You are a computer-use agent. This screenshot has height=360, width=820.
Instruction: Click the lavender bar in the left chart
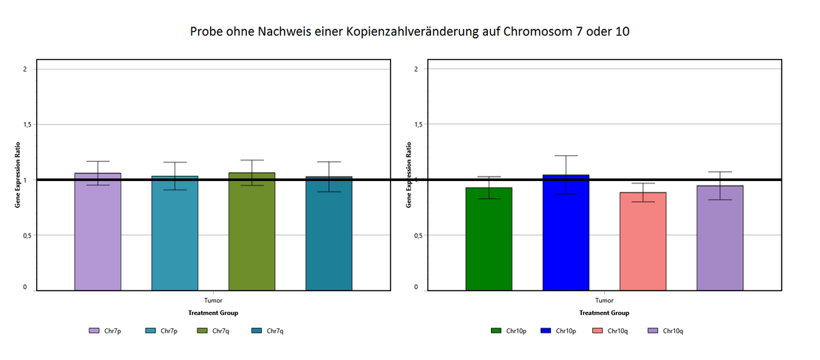pyautogui.click(x=98, y=232)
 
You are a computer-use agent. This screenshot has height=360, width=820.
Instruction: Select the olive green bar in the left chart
pyautogui.click(x=251, y=232)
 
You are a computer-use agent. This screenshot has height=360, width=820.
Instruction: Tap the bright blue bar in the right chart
pyautogui.click(x=566, y=233)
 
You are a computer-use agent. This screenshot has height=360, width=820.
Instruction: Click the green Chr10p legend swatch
pyautogui.click(x=496, y=330)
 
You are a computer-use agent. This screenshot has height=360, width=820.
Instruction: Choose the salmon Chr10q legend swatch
pyautogui.click(x=597, y=330)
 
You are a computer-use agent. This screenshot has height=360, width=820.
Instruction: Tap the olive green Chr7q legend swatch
pyautogui.click(x=202, y=330)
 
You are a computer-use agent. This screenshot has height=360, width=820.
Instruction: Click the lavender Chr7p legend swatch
pyautogui.click(x=94, y=330)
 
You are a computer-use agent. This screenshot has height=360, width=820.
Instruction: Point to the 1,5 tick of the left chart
pyautogui.click(x=27, y=124)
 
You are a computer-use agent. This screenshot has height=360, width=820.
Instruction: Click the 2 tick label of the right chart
pyautogui.click(x=416, y=69)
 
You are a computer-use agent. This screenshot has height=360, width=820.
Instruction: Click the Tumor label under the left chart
pyautogui.click(x=213, y=301)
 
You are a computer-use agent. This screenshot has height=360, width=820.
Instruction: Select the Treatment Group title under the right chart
pyautogui.click(x=604, y=313)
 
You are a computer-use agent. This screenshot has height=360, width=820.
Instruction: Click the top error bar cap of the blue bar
pyautogui.click(x=566, y=155)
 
